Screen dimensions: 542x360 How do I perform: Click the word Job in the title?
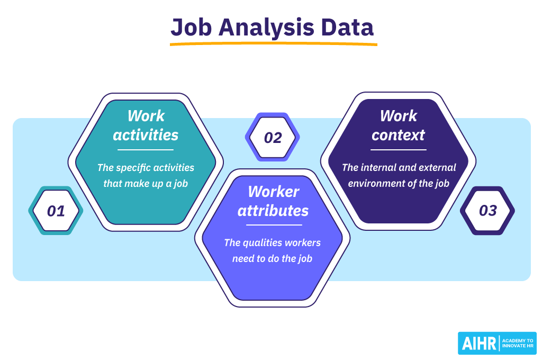(191, 28)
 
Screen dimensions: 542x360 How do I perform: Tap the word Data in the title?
(347, 28)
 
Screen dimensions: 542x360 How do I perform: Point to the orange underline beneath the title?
(274, 44)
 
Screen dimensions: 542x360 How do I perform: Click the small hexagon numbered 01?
(56, 211)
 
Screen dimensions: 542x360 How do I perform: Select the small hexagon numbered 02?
(273, 137)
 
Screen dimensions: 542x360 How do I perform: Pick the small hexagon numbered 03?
(487, 211)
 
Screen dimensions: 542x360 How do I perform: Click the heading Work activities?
(146, 125)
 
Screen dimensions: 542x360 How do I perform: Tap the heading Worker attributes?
(273, 201)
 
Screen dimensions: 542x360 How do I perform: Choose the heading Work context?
(398, 125)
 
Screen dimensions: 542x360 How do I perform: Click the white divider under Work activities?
(146, 150)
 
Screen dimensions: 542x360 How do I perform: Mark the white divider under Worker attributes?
(274, 225)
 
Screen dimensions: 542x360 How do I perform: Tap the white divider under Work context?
(399, 150)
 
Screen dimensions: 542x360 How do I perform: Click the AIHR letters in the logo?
(478, 344)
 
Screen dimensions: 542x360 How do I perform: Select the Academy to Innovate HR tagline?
(518, 343)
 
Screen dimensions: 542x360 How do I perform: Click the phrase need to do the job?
(272, 259)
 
